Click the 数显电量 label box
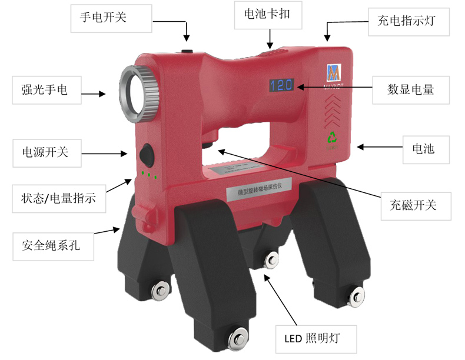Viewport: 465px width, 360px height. coord(410,89)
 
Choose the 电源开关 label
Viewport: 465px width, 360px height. coord(42,152)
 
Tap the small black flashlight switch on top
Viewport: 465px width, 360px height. coord(187,51)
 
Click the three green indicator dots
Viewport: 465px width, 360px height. coord(149,175)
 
